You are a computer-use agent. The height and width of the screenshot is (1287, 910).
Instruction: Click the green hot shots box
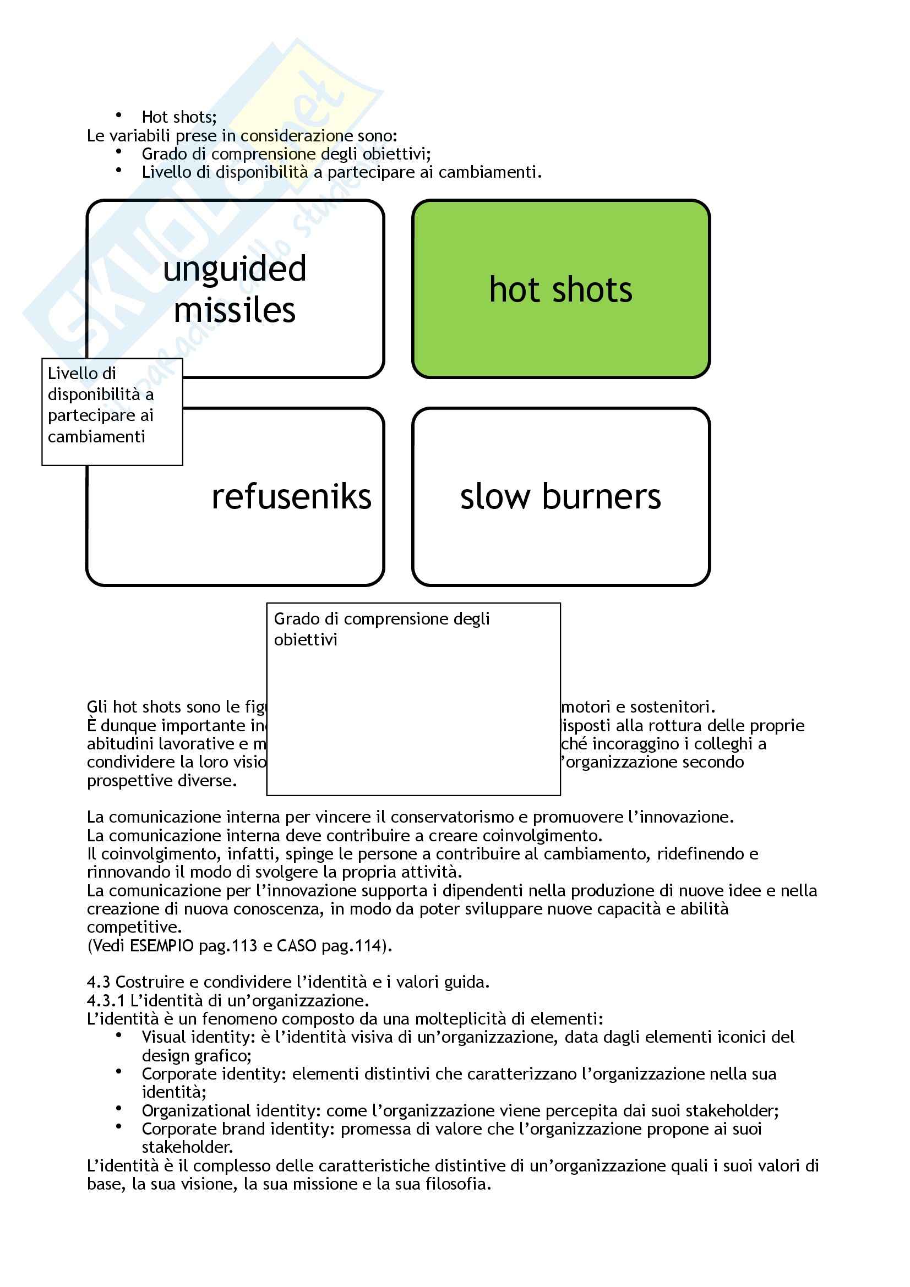pos(560,289)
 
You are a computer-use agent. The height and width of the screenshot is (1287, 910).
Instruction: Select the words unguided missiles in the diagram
pos(235,289)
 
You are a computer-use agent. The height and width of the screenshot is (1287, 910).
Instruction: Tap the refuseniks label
pos(291,497)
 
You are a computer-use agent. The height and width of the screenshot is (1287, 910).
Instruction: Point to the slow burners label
pos(560,497)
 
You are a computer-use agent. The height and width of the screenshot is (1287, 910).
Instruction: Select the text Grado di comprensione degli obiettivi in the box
pos(382,629)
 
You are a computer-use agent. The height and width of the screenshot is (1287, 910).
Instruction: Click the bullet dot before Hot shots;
pos(118,116)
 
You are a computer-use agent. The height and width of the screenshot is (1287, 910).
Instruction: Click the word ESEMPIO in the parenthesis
pos(161,946)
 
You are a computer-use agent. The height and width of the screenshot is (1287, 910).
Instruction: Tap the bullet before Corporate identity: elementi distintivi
pos(118,1072)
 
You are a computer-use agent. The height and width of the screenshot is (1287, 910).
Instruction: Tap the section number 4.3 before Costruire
pos(98,982)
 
